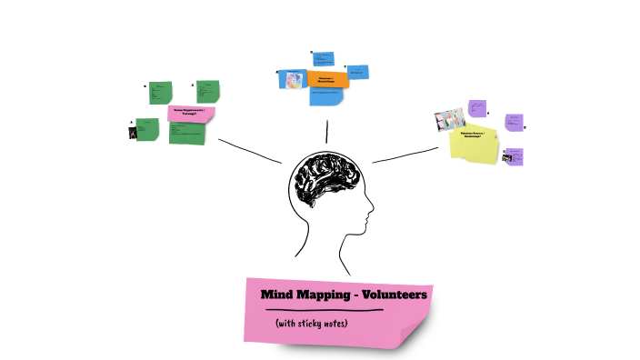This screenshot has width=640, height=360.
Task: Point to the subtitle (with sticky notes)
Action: click(x=312, y=323)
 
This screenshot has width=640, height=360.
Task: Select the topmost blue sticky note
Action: click(x=323, y=60)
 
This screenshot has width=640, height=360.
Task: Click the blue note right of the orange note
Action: click(x=357, y=71)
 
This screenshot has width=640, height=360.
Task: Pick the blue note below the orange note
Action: click(x=327, y=95)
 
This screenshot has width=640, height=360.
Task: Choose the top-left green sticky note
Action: click(x=160, y=92)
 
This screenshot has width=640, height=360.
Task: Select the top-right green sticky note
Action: click(x=207, y=91)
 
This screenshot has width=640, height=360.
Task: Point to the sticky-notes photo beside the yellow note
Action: click(x=450, y=119)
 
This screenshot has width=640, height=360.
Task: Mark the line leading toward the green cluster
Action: click(x=250, y=151)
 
